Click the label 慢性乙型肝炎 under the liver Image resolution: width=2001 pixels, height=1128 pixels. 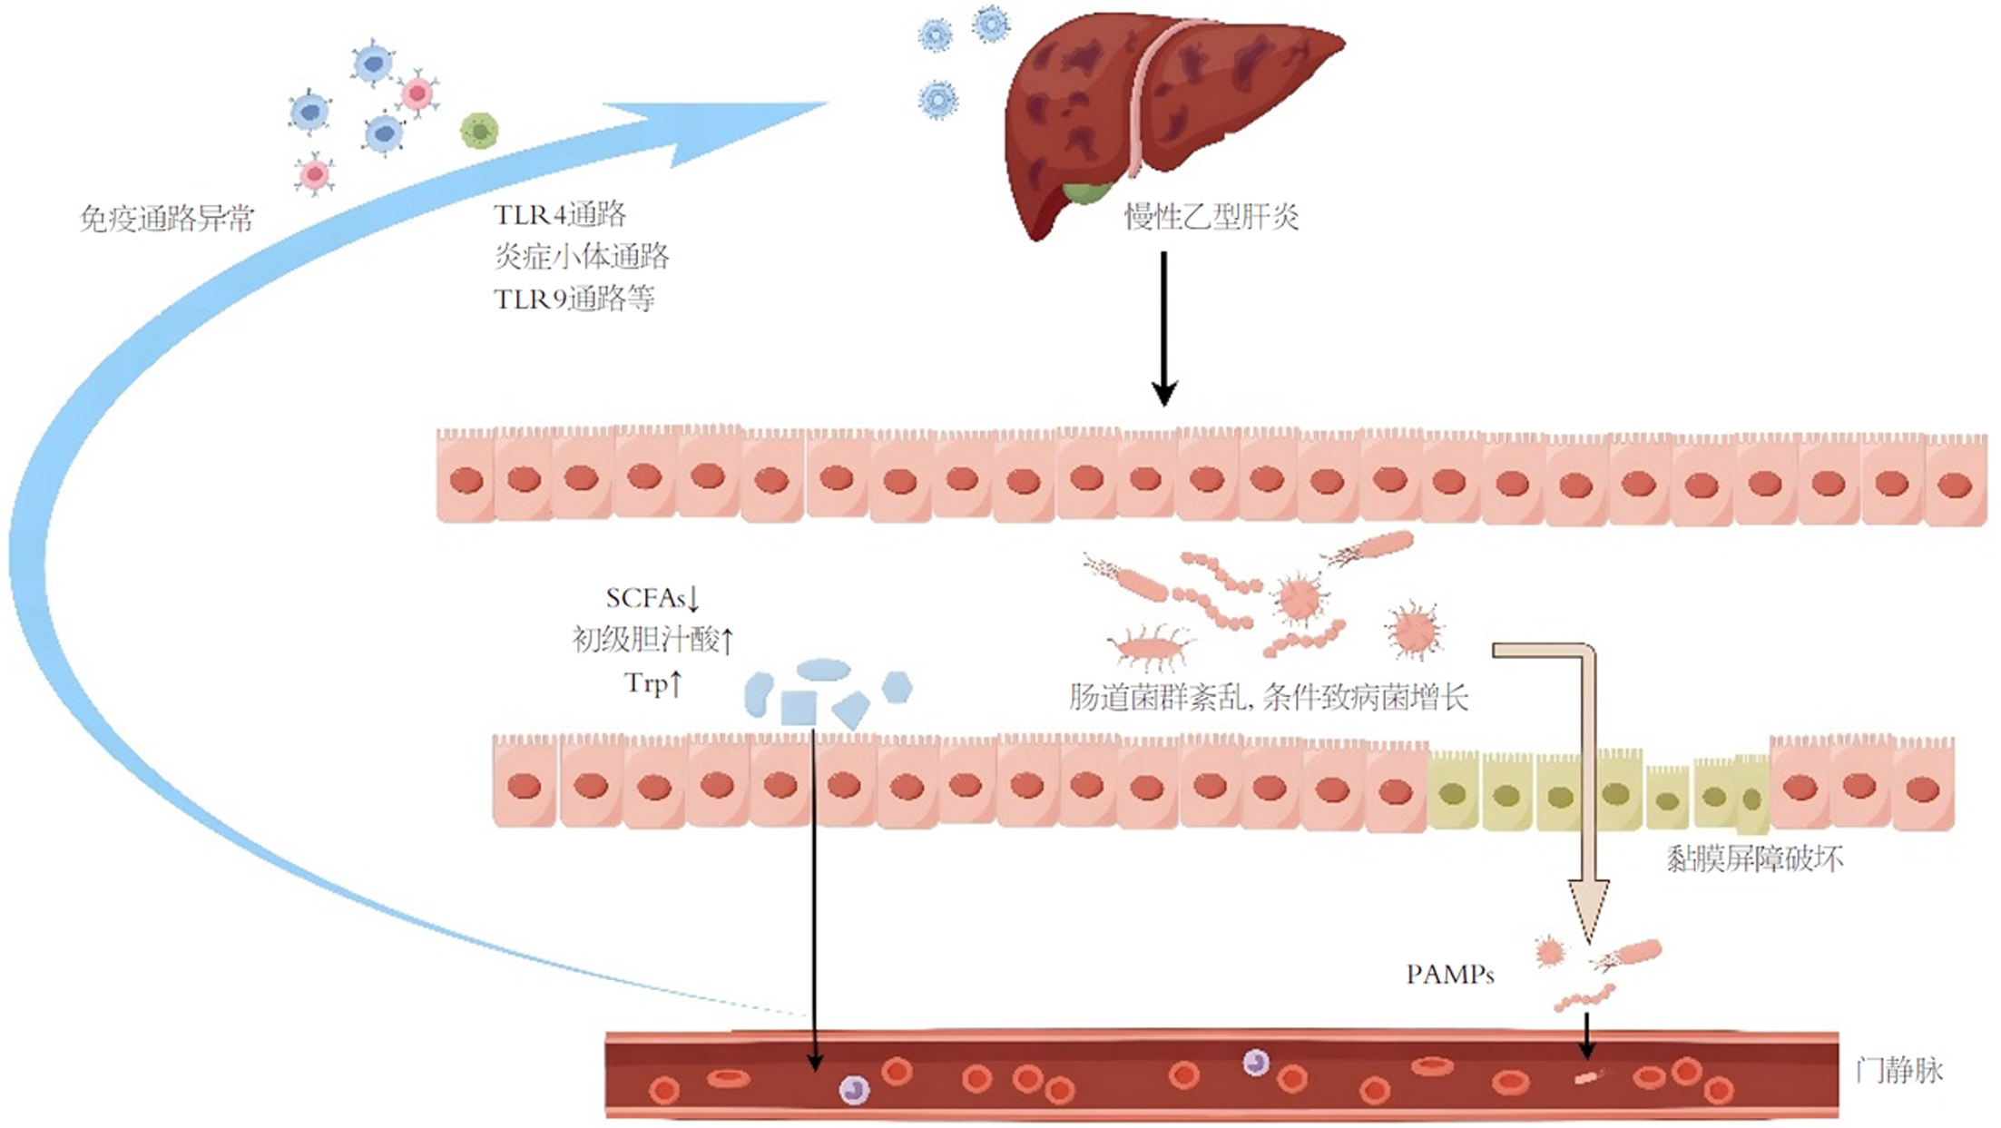pyautogui.click(x=1211, y=217)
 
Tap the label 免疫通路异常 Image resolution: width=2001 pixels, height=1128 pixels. pyautogui.click(x=167, y=219)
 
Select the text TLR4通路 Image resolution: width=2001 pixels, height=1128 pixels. pyautogui.click(x=560, y=214)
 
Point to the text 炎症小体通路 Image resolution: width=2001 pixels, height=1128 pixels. pyautogui.click(x=582, y=257)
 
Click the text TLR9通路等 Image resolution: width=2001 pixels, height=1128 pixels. pyautogui.click(x=574, y=299)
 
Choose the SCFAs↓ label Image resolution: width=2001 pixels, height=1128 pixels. pyautogui.click(x=652, y=598)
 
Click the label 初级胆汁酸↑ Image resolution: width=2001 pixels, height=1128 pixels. pyautogui.click(x=652, y=640)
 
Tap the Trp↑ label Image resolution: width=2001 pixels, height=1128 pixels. pyautogui.click(x=652, y=682)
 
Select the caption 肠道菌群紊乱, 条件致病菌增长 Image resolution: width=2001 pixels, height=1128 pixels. pyautogui.click(x=1269, y=697)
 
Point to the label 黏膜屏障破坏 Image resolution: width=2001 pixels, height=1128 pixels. pyautogui.click(x=1754, y=858)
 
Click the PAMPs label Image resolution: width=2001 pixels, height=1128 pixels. pyautogui.click(x=1449, y=975)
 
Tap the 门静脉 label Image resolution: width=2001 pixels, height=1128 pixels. pyautogui.click(x=1898, y=1071)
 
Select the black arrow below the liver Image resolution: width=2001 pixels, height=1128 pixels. pyautogui.click(x=1164, y=327)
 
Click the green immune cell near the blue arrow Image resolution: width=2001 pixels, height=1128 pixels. pyautogui.click(x=479, y=132)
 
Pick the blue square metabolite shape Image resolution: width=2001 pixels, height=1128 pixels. pyautogui.click(x=799, y=708)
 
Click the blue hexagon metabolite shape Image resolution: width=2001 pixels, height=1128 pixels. pyautogui.click(x=897, y=687)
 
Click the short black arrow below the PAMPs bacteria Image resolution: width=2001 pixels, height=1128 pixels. pyautogui.click(x=1586, y=1035)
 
